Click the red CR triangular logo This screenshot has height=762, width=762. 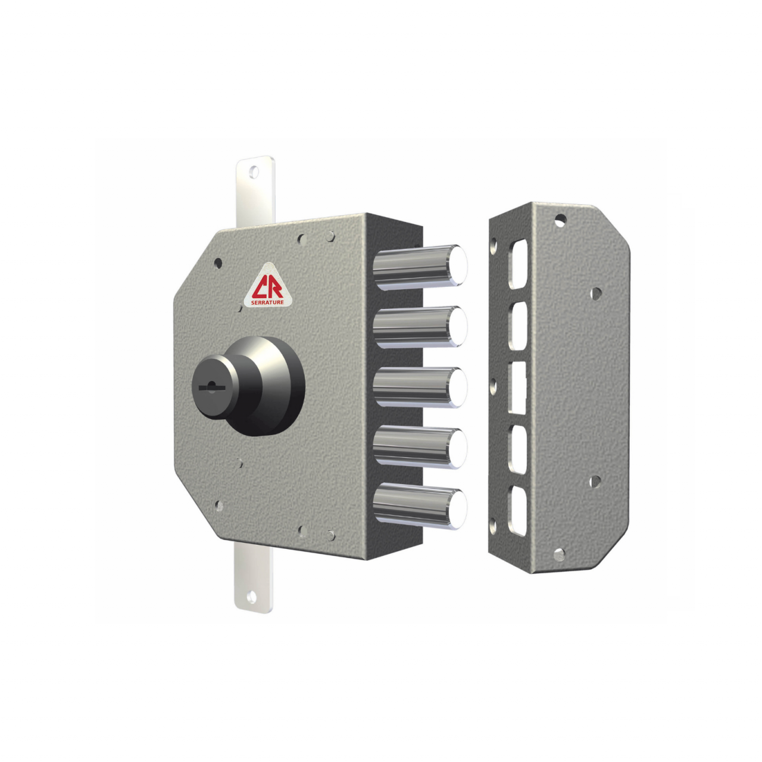point(268,286)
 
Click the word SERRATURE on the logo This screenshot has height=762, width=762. point(268,302)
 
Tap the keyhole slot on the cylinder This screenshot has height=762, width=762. point(211,387)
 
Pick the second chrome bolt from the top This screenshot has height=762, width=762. point(420,326)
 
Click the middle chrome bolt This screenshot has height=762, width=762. point(420,387)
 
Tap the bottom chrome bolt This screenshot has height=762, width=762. point(420,507)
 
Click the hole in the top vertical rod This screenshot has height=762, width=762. point(254,172)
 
